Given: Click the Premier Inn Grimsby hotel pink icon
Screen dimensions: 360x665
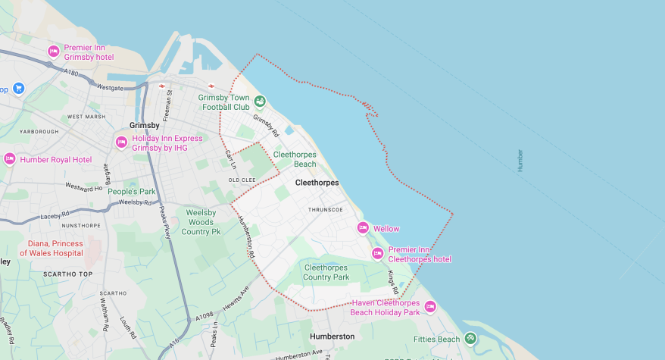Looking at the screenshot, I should pos(54,52).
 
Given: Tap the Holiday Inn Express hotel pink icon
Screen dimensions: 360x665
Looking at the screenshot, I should pos(121,142).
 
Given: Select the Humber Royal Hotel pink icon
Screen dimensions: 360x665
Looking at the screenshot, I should pos(10,159).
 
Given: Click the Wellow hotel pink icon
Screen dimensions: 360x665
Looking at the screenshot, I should pos(363,228).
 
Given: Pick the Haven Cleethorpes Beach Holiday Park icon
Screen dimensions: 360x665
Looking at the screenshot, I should pos(430,307).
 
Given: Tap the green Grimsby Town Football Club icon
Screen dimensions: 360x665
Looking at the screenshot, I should pos(260,102).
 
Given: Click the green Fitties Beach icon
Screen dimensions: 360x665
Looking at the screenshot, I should pos(470,339).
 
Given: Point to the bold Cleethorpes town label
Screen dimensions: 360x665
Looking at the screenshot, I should pos(317,183).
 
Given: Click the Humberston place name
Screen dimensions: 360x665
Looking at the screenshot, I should pos(332,336).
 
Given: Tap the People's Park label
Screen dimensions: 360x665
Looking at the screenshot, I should pos(131,192).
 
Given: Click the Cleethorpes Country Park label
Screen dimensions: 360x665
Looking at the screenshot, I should pos(326,272).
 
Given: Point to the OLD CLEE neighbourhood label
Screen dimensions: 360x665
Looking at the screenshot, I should pos(243,180).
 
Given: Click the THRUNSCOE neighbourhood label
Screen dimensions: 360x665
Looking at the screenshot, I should pos(326,209).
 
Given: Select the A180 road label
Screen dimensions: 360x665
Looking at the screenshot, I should pos(71,73).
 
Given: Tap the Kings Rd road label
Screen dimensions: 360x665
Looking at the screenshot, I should pos(394,282).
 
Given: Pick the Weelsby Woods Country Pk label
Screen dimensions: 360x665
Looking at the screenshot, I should pos(201,222).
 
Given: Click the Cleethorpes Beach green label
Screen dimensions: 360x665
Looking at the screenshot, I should pos(295,158).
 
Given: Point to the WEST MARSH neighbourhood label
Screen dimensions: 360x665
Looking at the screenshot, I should pos(86,117).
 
